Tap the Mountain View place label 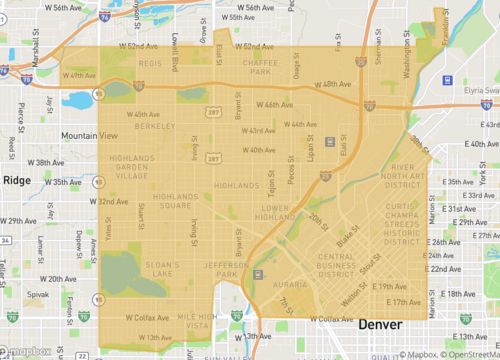click(88, 135)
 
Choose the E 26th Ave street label click(445, 242)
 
